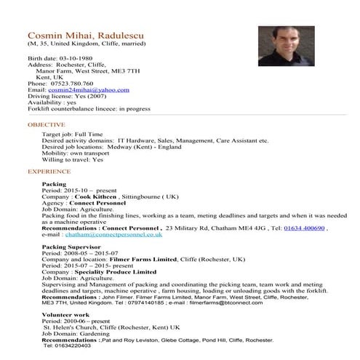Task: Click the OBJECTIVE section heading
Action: pos(46,125)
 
